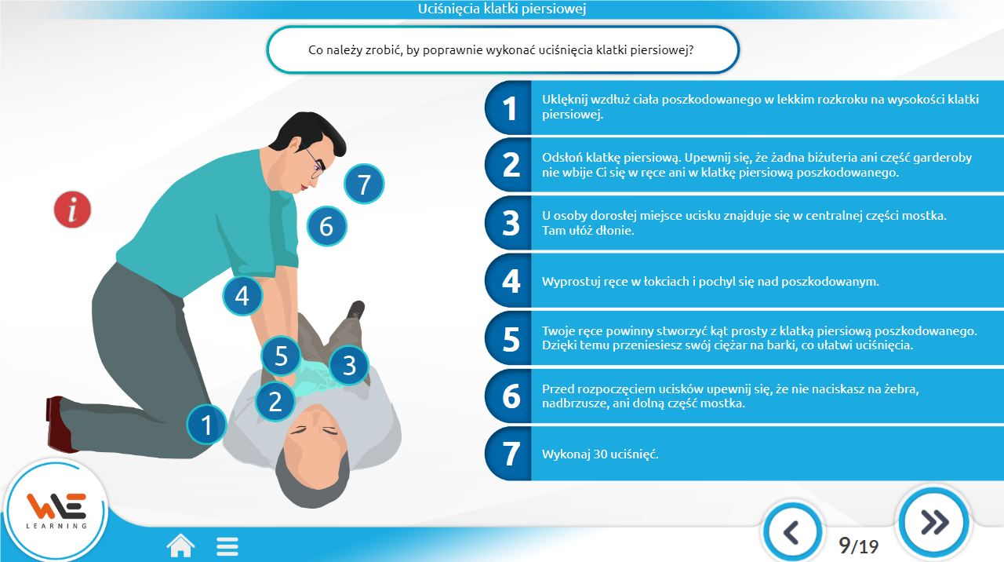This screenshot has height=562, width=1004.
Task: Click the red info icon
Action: coord(72,210)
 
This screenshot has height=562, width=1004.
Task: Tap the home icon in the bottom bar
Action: coord(180,546)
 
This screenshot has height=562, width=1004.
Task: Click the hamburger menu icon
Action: coord(227,546)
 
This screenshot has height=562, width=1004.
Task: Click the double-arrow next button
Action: coord(933,523)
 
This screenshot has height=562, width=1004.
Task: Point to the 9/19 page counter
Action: coord(858,546)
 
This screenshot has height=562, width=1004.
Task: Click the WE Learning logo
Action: coord(56,511)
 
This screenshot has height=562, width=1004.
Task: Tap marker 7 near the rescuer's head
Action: coord(364,184)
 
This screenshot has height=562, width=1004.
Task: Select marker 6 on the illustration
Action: coord(327,226)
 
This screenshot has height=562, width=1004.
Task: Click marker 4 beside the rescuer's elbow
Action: coord(242,296)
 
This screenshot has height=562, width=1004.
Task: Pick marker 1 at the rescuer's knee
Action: coord(206,425)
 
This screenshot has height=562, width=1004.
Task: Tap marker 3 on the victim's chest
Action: coord(349,365)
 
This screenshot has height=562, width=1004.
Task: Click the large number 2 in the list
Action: coord(511,166)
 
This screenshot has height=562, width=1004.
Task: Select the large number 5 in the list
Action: coord(511,339)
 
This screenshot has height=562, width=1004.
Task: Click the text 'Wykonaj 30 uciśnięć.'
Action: coord(600,454)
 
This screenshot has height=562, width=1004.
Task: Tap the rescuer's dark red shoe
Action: coord(58,424)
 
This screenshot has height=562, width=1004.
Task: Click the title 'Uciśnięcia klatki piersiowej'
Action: coord(502,9)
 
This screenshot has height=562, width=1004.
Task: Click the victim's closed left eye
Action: coord(329,432)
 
